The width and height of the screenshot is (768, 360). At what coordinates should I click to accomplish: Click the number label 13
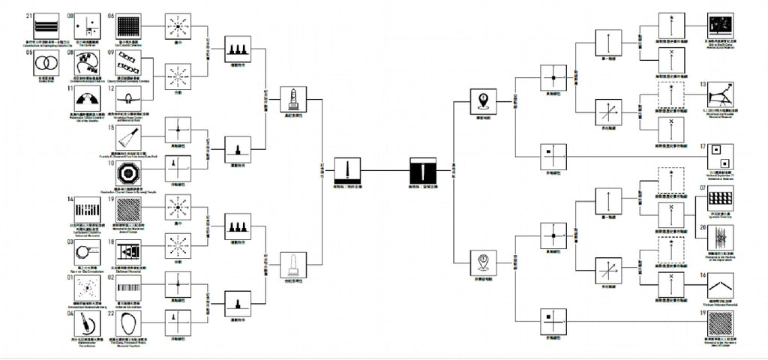[703, 85]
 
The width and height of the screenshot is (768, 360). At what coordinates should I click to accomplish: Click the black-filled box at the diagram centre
[425, 170]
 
